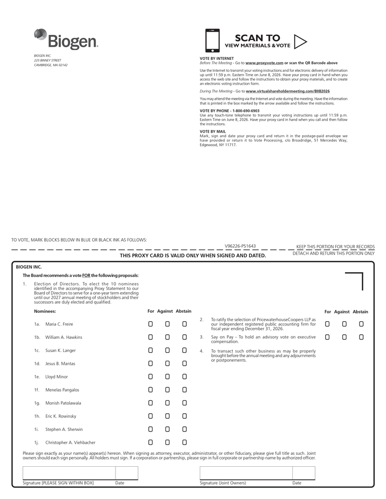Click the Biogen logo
pos(66,39)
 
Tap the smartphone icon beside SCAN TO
pos(212,41)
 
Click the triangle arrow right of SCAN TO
pos(300,41)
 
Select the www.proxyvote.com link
pos(264,63)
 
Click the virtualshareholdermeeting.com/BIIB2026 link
pos(288,91)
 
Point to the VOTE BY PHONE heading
pos(229,111)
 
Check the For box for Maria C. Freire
pos(150,324)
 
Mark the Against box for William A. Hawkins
pos(168,337)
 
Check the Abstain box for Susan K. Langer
pos(184,350)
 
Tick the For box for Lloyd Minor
pos(150,376)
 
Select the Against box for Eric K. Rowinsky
pos(168,416)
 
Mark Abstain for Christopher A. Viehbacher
pos(184,442)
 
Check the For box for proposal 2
pos(327,324)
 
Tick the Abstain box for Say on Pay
pos(361,337)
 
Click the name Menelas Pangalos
pos(62,390)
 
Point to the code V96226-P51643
pos(240,246)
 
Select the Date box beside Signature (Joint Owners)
pos(303,473)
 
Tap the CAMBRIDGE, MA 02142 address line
pos(50,65)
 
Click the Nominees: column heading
pos(45,311)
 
